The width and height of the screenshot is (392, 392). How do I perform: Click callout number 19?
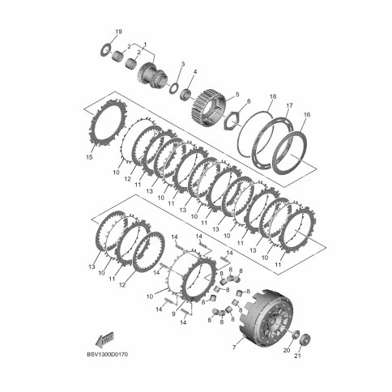tap(118, 32)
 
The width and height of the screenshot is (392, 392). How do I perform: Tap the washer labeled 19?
tap(106, 49)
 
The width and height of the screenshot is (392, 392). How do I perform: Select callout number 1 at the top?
tap(145, 44)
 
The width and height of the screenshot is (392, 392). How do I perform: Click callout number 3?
tap(183, 64)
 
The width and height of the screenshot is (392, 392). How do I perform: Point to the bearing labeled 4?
tap(185, 95)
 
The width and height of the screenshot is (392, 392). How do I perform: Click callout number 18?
tap(273, 96)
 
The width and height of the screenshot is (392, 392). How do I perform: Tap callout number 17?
tap(289, 105)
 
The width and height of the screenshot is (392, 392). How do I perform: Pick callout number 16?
tap(307, 114)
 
